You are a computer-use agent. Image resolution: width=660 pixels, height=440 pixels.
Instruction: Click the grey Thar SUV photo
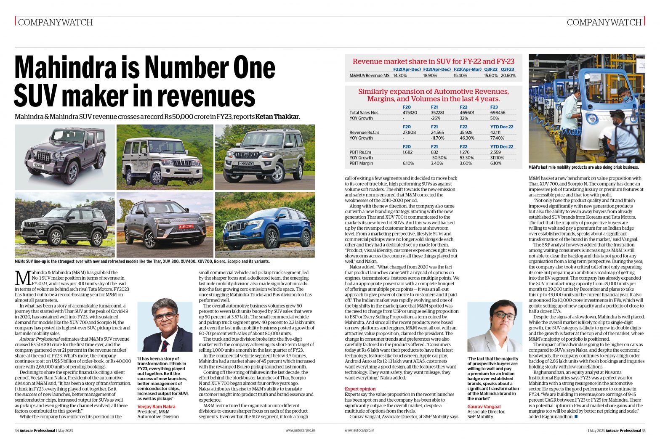coord(65,157)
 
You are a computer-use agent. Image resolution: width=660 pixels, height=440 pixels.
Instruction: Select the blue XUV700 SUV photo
coord(265,225)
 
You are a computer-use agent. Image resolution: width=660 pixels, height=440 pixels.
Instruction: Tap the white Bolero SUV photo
coord(165,157)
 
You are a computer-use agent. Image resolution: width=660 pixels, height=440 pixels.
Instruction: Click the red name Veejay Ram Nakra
coord(156,406)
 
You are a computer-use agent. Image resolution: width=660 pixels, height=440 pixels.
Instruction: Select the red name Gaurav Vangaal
coord(484,406)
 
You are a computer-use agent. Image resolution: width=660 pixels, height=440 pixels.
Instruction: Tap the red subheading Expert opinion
coord(360,389)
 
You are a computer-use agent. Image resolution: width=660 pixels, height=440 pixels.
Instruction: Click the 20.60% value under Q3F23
coord(508,76)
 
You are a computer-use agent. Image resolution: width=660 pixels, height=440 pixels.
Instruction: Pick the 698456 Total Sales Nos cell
coord(498,113)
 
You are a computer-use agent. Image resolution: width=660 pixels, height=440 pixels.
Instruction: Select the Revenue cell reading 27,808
coord(409,133)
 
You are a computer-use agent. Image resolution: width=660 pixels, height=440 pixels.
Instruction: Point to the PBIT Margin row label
coord(361,163)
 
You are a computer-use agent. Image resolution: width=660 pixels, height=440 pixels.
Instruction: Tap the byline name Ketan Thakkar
coord(277,117)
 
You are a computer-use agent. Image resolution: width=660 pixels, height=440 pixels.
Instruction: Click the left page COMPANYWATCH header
coord(55,22)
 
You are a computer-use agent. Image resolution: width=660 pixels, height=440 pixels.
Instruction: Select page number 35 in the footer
coord(643,430)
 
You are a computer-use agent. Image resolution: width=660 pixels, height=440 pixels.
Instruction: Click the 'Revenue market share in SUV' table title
coord(433,61)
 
